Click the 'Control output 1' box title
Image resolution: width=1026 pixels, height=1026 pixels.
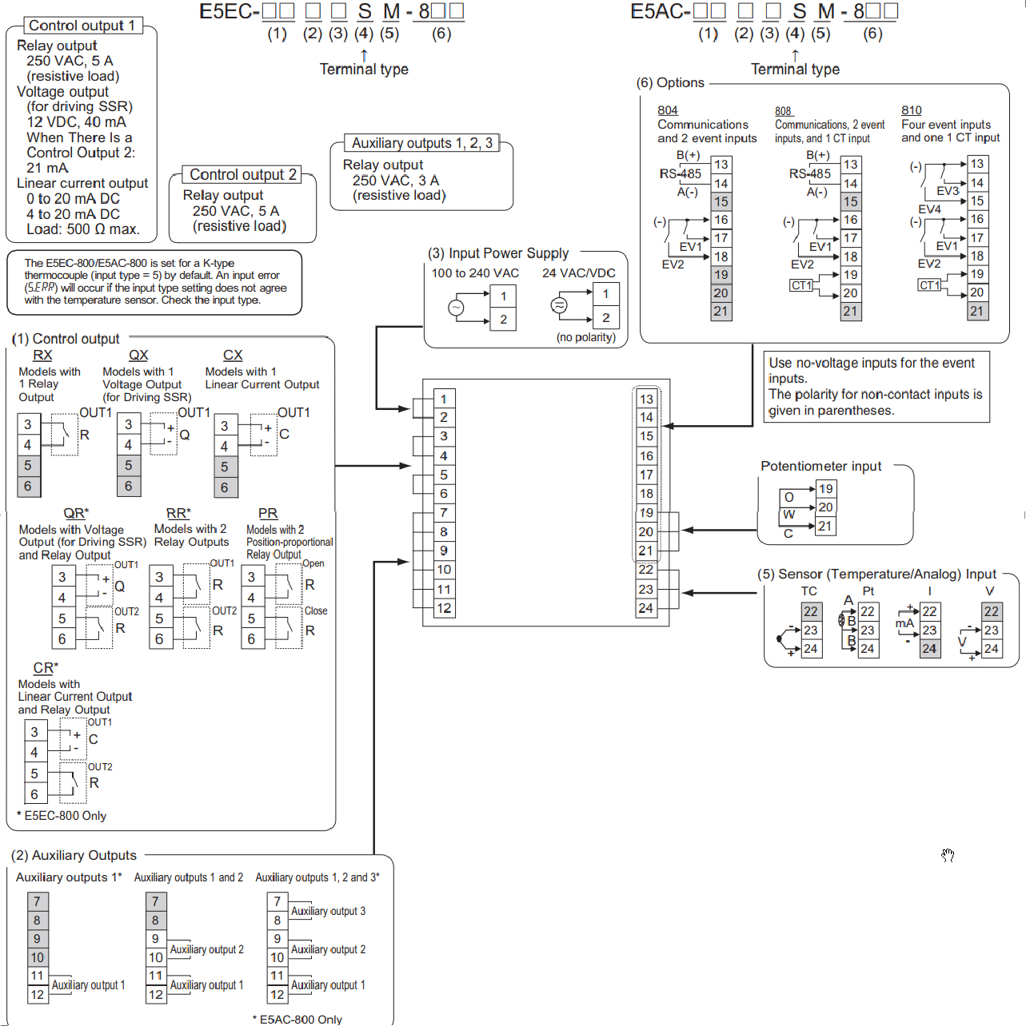pos(82,26)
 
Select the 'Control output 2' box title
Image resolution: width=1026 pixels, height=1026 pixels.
pos(243,175)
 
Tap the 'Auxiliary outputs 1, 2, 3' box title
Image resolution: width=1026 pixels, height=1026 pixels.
pos(422,143)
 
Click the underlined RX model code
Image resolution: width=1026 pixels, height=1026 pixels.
pos(42,355)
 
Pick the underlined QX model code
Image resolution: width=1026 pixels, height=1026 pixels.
pos(138,355)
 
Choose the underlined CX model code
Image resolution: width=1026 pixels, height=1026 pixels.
pos(233,355)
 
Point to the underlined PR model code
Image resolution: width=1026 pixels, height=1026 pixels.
pos(268,513)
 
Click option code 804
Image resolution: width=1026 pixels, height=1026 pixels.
pos(667,110)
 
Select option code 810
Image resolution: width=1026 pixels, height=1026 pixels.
pos(912,110)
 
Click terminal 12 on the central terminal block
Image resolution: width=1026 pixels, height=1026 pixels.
pos(444,608)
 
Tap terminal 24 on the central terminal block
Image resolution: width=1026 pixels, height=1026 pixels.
pos(646,608)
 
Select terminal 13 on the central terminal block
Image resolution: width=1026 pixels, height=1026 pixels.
pos(646,399)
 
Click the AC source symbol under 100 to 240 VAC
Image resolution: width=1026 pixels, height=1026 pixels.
pos(457,308)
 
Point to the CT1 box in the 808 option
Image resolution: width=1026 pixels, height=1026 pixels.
pos(801,285)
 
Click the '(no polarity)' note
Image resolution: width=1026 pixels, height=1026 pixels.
pos(585,337)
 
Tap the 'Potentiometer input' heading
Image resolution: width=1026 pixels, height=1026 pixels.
pos(820,467)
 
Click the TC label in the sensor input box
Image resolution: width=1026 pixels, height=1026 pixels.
pos(808,591)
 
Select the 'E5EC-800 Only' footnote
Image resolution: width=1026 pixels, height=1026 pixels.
pos(62,816)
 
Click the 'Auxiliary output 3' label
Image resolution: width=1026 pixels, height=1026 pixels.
pos(329,911)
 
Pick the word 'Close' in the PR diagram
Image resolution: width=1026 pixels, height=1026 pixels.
pos(316,610)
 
